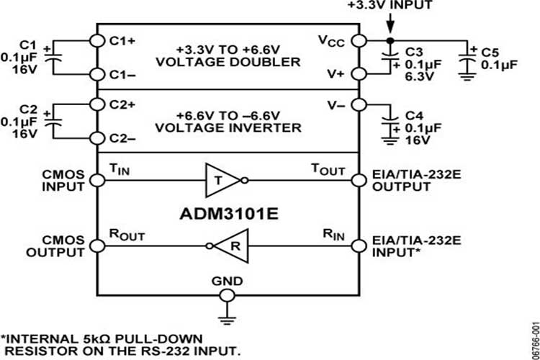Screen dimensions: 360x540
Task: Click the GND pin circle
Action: (x=227, y=294)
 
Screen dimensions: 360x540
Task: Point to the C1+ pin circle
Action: (x=96, y=40)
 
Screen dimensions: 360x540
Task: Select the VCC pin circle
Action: (x=358, y=40)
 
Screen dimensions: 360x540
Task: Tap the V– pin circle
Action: (x=358, y=105)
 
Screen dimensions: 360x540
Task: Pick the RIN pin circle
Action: (x=358, y=246)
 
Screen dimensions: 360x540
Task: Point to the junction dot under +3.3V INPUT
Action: (x=390, y=40)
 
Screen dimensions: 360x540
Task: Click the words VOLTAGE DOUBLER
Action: (x=228, y=62)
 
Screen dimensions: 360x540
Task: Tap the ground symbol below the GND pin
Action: (x=227, y=312)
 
